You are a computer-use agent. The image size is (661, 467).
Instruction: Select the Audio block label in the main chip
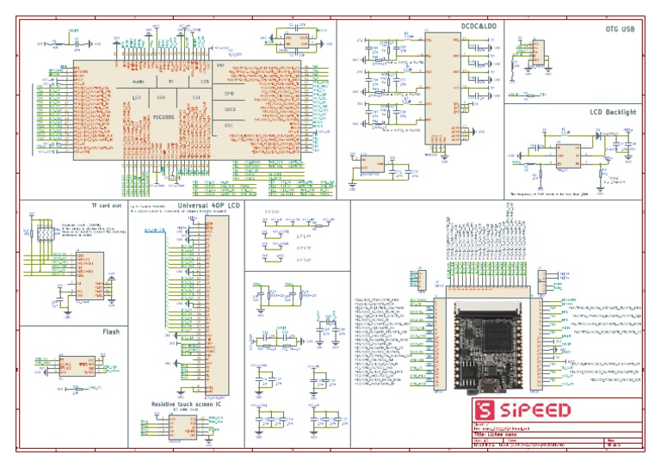coord(139,81)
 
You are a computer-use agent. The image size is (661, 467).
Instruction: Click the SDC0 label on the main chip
coord(230,109)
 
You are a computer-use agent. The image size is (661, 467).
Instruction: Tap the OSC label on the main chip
coord(229,126)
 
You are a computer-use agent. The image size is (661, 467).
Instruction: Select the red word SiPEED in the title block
coord(526,409)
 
